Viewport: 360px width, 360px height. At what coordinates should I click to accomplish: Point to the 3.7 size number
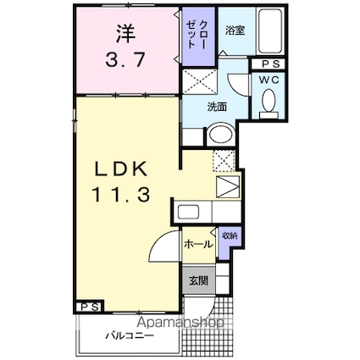(127, 61)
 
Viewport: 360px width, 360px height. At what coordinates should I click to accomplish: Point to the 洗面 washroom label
(217, 107)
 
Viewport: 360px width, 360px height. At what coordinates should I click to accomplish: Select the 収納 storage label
(229, 237)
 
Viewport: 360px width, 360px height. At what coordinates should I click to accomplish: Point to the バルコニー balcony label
(130, 335)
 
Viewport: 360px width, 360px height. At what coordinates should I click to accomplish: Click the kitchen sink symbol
(189, 213)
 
